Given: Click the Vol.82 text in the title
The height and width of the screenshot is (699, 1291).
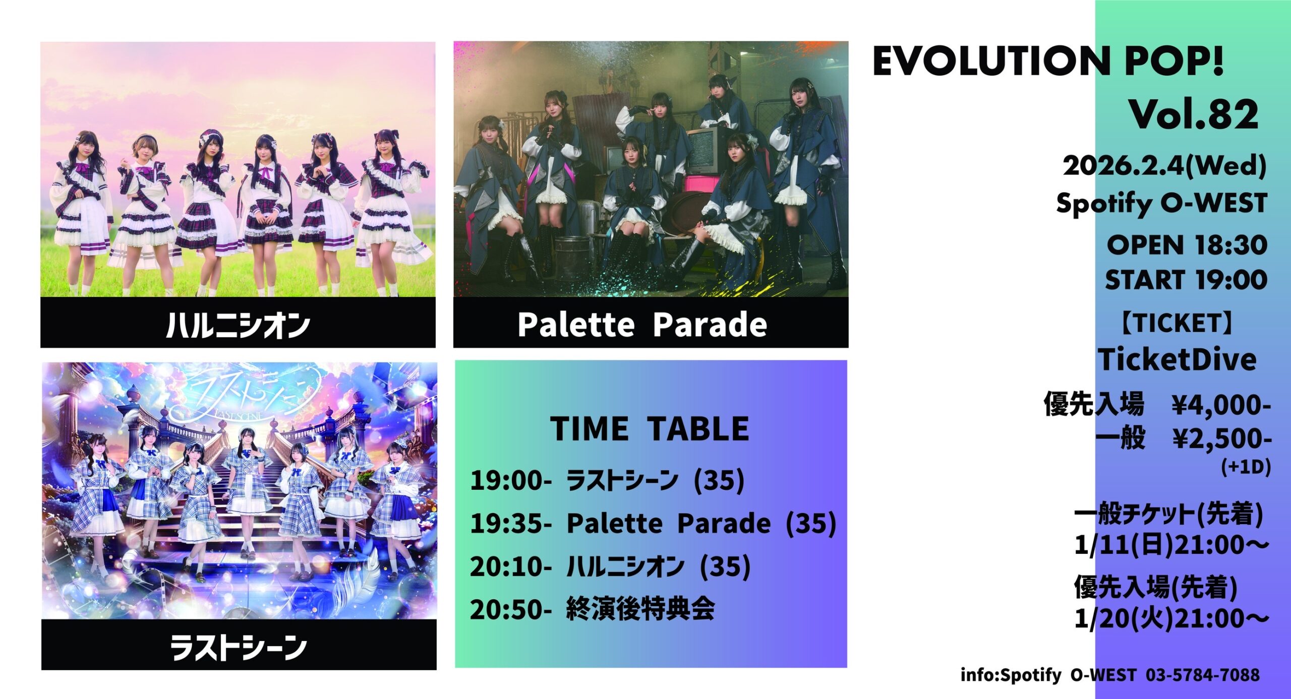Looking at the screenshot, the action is point(1193,115).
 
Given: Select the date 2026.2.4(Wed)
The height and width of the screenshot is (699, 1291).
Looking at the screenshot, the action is point(1164,166).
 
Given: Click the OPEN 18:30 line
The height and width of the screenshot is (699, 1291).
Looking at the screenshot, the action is point(1187,245).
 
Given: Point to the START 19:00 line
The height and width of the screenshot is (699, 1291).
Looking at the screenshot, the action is point(1186,280).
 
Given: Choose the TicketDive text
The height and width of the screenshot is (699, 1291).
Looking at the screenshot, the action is point(1178,360).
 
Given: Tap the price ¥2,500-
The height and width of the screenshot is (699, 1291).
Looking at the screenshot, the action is point(1222,439).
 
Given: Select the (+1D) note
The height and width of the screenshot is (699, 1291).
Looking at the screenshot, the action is point(1246,467).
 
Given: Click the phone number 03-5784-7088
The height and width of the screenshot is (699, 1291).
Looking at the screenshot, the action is point(1203,675).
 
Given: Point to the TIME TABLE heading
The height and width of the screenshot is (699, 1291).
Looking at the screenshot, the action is point(650,429).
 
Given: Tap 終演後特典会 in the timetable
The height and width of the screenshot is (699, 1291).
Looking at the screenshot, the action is point(640,609).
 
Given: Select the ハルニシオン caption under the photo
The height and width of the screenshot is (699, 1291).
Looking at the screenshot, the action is point(238,325).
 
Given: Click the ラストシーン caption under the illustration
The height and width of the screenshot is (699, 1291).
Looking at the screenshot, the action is point(239,647).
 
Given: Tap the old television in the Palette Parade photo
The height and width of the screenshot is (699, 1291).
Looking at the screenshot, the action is point(706,150).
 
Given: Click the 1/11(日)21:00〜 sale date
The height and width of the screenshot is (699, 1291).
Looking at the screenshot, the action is point(1171,545).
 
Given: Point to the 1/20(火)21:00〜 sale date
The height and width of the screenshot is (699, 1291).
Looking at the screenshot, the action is point(1171,618).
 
